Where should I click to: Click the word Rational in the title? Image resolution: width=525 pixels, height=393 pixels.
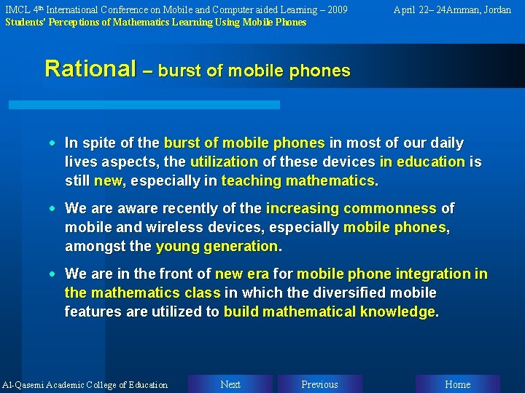click(90, 69)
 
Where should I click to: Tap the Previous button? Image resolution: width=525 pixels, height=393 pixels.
click(319, 384)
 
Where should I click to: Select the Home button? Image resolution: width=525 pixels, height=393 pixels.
click(457, 384)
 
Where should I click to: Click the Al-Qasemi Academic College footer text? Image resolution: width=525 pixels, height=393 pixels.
click(85, 385)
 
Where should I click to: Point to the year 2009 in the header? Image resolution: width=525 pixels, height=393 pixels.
click(336, 10)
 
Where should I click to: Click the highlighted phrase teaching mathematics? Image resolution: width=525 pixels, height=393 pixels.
click(300, 180)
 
